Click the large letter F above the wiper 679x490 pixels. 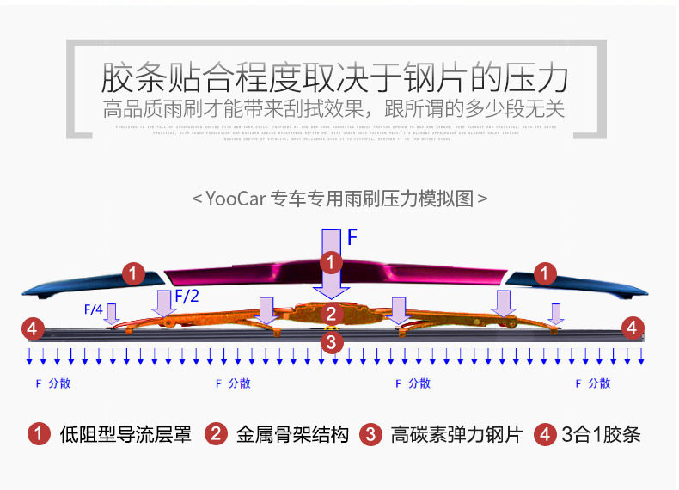point(352,236)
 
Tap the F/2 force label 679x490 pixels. point(189,297)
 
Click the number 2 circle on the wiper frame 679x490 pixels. point(331,314)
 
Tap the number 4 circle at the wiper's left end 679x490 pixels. point(33,328)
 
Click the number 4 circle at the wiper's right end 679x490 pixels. point(632,327)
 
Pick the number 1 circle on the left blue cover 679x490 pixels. point(132,274)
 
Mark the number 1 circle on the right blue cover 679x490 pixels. point(543,274)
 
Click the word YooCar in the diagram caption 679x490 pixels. point(235,199)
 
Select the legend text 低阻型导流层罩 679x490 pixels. point(125,434)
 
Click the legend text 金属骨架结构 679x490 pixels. point(292,434)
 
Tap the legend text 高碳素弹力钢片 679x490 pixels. point(456,434)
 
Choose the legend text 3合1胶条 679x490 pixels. point(601,434)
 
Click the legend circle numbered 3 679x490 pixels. point(370,434)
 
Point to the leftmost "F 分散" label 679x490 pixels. point(53,383)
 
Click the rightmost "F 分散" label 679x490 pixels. point(593,383)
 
